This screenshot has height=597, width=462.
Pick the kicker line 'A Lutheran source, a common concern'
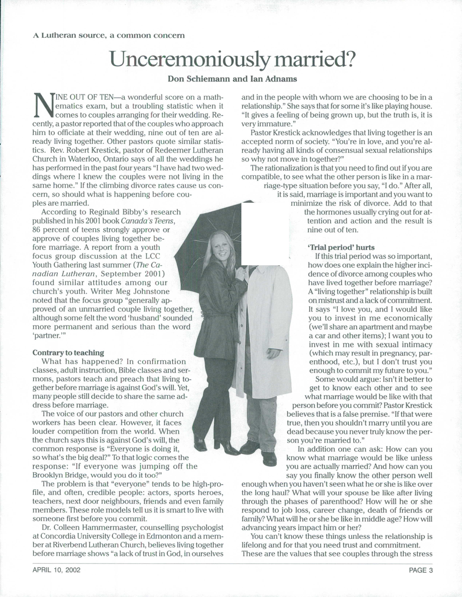109,35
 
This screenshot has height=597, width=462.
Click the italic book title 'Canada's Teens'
148,221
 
